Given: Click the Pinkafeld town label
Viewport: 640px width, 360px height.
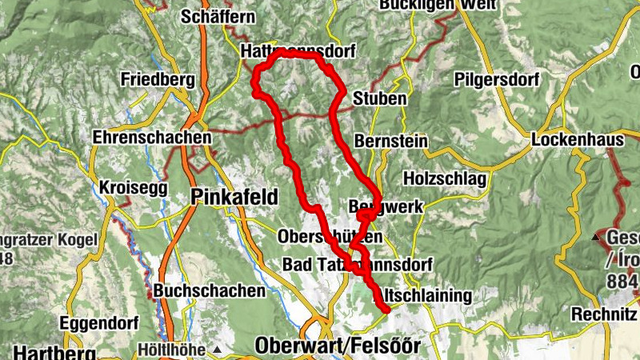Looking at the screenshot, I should coord(234,197).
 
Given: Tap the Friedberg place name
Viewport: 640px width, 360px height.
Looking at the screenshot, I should coord(158,80).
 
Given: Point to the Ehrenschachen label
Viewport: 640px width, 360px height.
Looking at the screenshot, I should coord(152,138).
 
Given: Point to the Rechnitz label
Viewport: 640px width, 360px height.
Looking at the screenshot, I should coord(603,314).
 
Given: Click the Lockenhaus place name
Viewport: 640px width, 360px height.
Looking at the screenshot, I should coord(578,140).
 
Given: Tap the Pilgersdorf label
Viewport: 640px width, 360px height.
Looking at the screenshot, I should coord(496,80).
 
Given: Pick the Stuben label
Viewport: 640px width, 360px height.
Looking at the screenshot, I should coord(379,99).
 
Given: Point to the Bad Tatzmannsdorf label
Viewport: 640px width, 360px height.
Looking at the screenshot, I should coord(358,264).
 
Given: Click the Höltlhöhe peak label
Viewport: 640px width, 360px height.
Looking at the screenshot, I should coord(173,350).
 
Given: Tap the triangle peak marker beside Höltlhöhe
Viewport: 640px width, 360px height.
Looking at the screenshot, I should coord(217,350).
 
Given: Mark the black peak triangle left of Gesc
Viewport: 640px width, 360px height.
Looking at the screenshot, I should coord(594,238).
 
